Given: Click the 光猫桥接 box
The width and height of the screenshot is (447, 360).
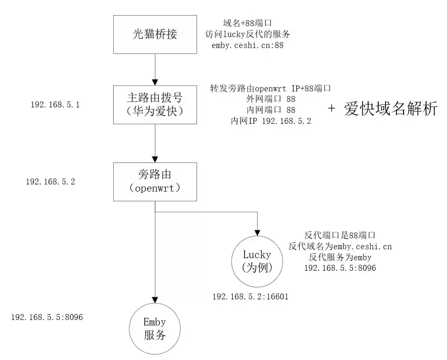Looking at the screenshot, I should pos(155,35).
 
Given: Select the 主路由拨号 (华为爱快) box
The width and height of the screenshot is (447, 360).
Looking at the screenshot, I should pos(155,105).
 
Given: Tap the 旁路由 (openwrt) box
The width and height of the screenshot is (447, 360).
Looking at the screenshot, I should pos(155,181).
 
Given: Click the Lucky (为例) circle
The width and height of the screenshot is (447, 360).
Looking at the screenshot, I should pos(257,261).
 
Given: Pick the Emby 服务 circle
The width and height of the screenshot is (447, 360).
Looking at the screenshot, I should pos(155,329).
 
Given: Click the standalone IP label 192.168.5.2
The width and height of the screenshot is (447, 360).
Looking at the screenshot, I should pos(51,182).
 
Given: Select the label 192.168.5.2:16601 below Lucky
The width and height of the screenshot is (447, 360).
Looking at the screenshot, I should pos(250,297).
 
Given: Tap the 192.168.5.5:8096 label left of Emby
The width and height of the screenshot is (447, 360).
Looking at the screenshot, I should pos(47,317).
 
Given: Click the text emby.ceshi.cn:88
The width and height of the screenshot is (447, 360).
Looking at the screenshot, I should pos(247,45).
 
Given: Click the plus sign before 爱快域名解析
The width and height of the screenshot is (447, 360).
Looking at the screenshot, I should pos(332,109).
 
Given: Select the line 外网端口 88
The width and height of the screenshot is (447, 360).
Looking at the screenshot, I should pos(271,99).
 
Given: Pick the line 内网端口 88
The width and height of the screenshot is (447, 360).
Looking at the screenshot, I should pos(271,110).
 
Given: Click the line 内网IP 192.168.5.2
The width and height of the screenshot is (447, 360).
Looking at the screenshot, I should pos(271,121).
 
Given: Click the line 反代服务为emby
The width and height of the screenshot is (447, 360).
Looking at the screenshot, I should pos(340,257).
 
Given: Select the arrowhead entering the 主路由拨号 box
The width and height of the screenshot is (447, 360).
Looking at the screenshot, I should pos(155,82).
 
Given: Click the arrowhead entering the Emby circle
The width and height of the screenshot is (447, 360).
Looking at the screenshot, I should pos(155,299).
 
